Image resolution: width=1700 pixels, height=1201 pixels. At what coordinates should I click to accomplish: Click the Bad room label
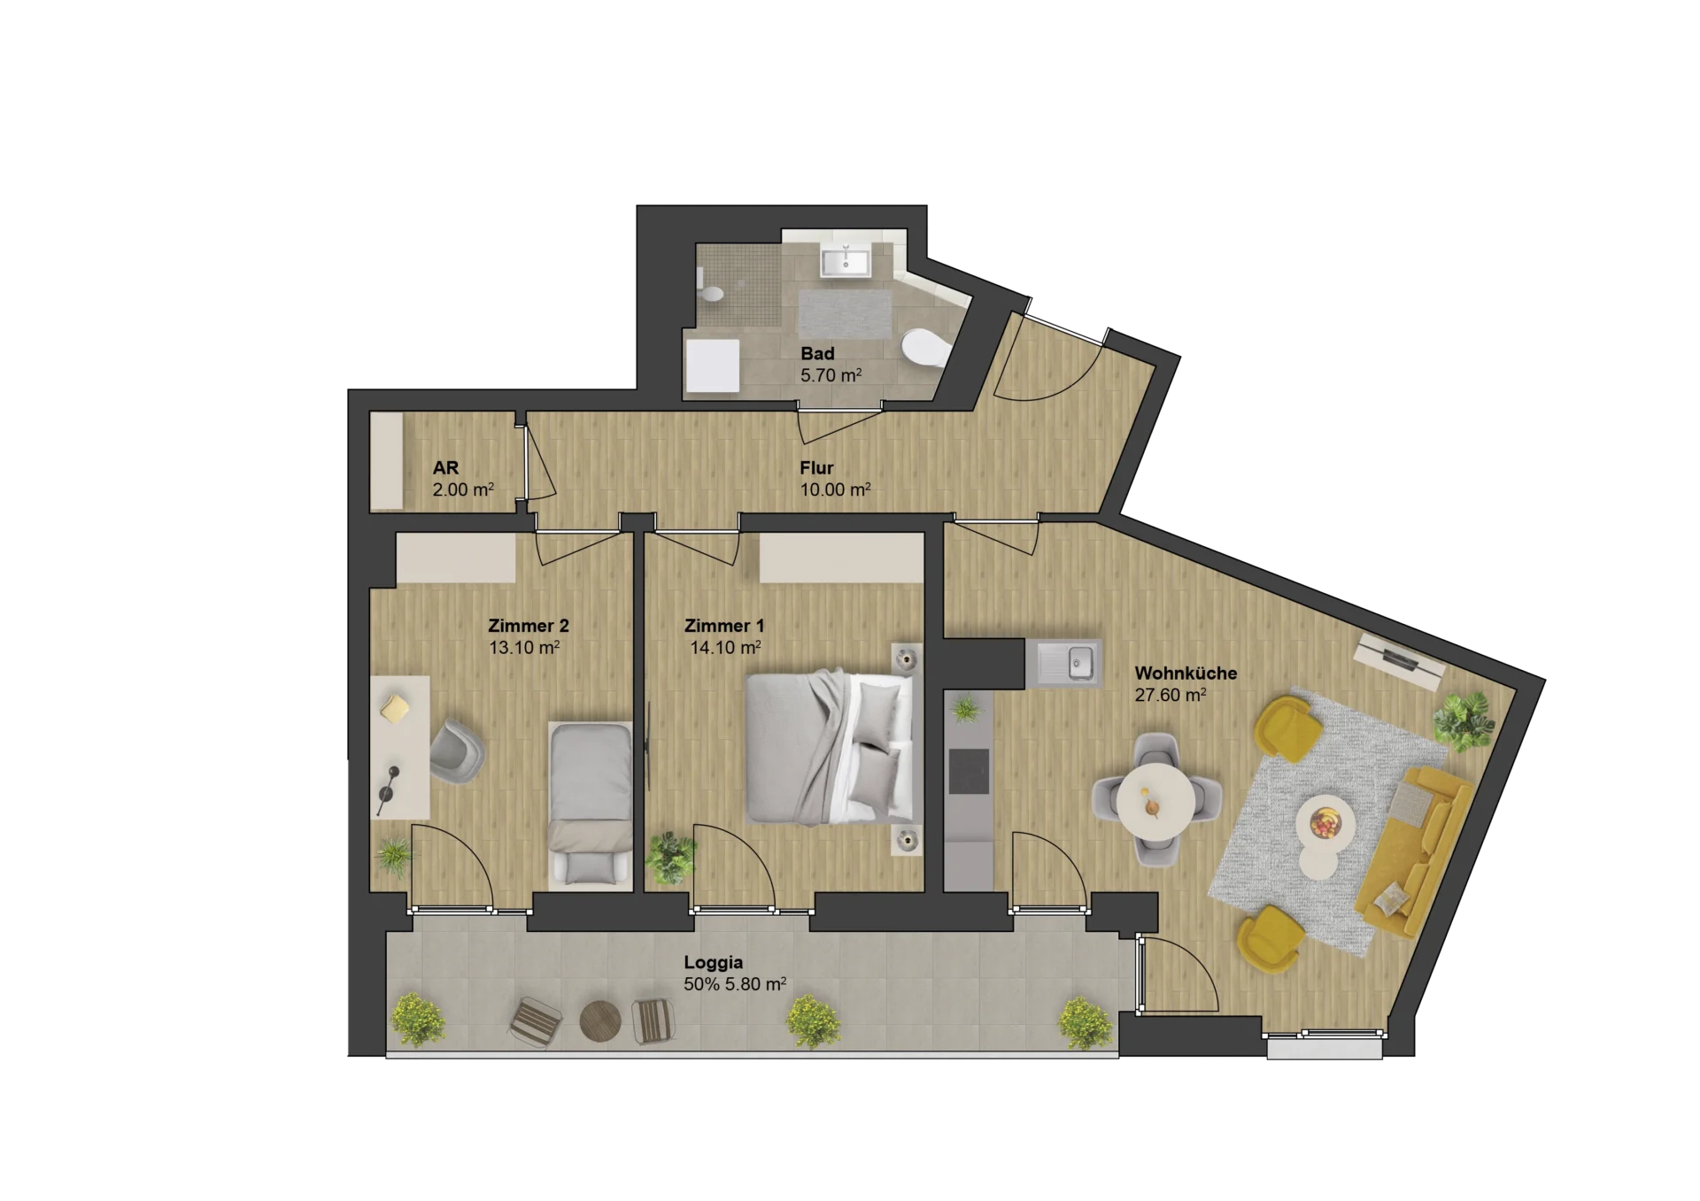click(817, 353)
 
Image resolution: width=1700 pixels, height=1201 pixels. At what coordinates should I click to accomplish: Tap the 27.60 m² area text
click(1170, 695)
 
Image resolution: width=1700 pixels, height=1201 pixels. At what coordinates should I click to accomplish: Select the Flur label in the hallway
click(816, 467)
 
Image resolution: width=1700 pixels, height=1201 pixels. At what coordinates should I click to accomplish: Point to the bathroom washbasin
click(846, 260)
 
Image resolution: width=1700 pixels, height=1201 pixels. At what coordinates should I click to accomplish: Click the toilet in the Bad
click(923, 348)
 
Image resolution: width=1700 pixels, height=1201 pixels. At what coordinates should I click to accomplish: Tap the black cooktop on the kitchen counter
click(969, 771)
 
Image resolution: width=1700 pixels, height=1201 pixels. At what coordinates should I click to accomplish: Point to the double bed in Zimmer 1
click(831, 748)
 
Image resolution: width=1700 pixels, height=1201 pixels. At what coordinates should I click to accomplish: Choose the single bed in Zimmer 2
click(590, 805)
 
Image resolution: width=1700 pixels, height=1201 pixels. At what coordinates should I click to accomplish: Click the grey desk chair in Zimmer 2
click(457, 751)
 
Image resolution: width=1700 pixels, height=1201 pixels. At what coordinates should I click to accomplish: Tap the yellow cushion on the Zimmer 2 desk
click(396, 707)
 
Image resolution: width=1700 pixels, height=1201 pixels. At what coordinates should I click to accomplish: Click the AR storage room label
click(445, 467)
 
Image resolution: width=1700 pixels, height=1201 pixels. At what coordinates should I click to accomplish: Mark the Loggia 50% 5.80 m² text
click(735, 973)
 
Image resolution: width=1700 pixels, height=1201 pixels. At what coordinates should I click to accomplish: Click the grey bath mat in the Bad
click(846, 314)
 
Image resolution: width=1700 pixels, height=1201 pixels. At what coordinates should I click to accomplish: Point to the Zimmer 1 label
click(724, 625)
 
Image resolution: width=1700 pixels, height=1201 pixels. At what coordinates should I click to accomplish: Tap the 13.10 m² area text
click(524, 647)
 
